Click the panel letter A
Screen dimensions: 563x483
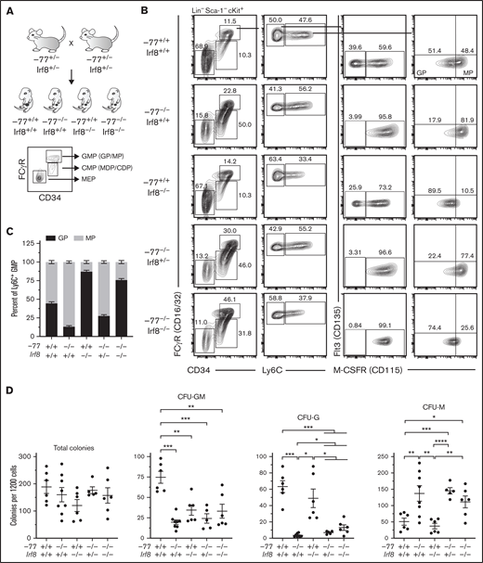(7, 7)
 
